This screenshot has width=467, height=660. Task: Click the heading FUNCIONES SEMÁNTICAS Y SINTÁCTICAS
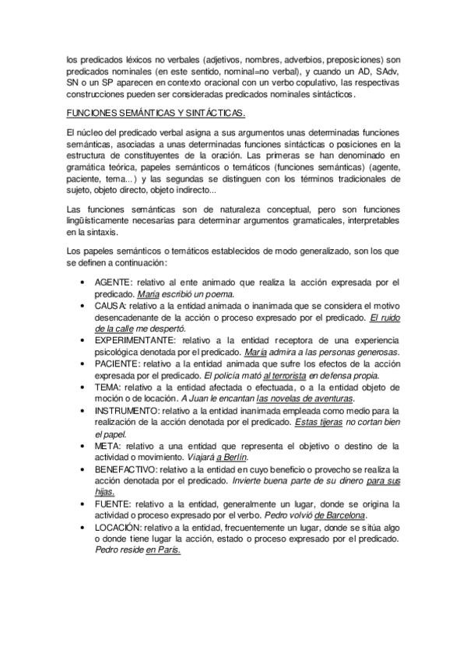[x=156, y=114]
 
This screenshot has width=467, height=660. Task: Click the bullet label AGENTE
[x=114, y=282]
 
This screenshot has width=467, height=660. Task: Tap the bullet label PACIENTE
[x=118, y=363]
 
